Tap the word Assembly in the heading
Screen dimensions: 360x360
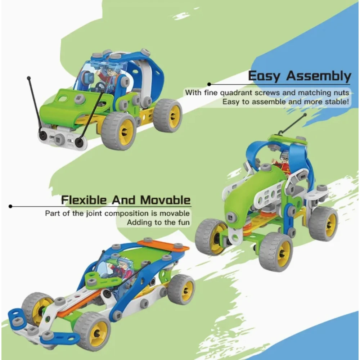pyautogui.click(x=319, y=76)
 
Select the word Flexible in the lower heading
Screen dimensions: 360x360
pyautogui.click(x=84, y=200)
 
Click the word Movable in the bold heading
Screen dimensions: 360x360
pyautogui.click(x=165, y=200)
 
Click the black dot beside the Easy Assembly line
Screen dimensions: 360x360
pyautogui.click(x=209, y=84)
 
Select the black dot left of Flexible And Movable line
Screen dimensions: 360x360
pyautogui.click(x=10, y=206)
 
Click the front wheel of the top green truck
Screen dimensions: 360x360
pyautogui.click(x=118, y=131)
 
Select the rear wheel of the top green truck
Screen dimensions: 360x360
pyautogui.click(x=168, y=116)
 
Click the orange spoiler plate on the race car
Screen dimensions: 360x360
pyautogui.click(x=163, y=245)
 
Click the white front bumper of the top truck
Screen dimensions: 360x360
pyautogui.click(x=62, y=139)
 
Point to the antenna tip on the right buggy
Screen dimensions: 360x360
pyautogui.click(x=305, y=114)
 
